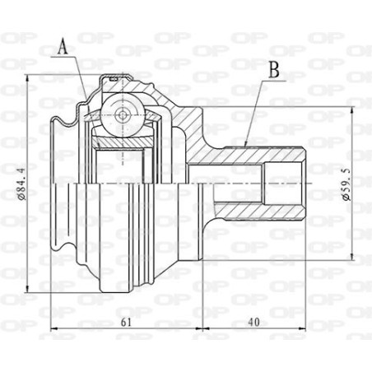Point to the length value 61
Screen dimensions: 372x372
pos(126,321)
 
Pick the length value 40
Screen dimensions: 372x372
pos(255,321)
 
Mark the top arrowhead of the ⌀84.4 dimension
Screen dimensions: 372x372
pos(29,77)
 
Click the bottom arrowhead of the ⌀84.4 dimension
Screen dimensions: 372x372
pos(29,290)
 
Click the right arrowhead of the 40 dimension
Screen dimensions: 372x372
pos(305,330)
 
